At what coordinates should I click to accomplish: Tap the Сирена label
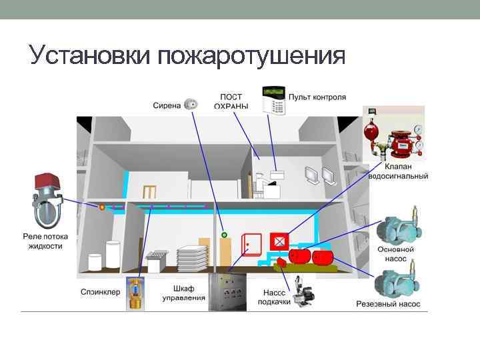point(167,105)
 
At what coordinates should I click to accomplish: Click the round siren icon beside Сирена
point(191,103)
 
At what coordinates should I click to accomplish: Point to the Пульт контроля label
point(318,97)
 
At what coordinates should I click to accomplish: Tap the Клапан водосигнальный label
point(398,171)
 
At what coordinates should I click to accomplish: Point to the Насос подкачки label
point(274,297)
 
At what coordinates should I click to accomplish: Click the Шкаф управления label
point(184,293)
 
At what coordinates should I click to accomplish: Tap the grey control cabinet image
point(230,292)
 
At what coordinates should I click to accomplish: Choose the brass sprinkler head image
point(137,294)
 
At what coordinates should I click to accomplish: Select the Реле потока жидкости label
point(45,241)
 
